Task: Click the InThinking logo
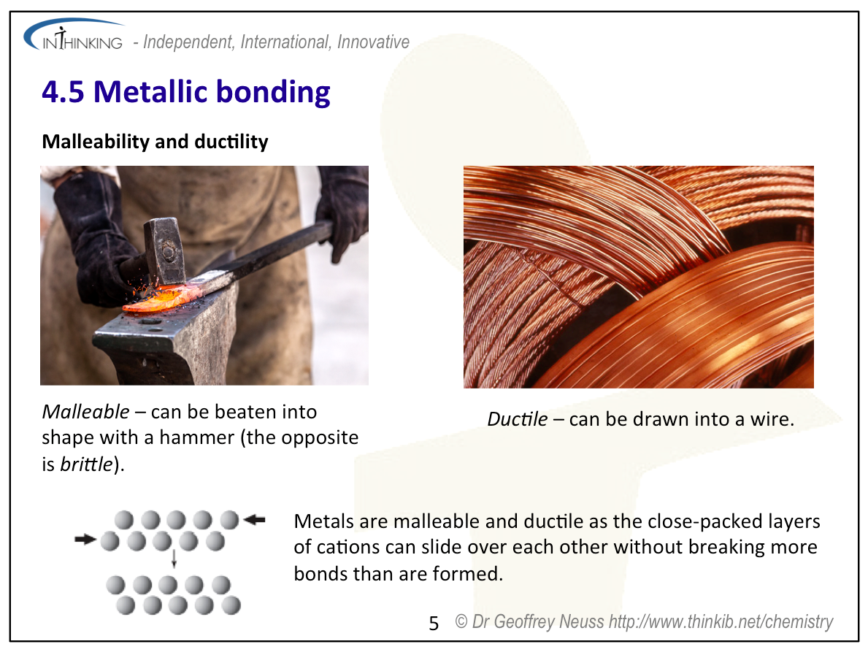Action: pyautogui.click(x=74, y=36)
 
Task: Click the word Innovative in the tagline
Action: pyautogui.click(x=373, y=42)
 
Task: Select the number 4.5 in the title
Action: pyautogui.click(x=63, y=92)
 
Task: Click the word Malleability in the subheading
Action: pyautogui.click(x=96, y=142)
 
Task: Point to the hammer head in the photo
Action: pyautogui.click(x=164, y=250)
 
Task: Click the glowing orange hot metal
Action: pyautogui.click(x=161, y=299)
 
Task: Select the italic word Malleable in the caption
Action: pyautogui.click(x=86, y=412)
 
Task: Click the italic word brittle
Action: pyautogui.click(x=86, y=464)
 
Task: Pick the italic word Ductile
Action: pyautogui.click(x=517, y=419)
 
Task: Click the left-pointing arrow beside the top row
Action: pyautogui.click(x=255, y=519)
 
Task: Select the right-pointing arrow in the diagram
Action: pyautogui.click(x=85, y=539)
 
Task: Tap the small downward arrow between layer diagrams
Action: pyautogui.click(x=174, y=559)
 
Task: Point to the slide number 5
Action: pyautogui.click(x=434, y=624)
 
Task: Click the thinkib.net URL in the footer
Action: pyautogui.click(x=721, y=622)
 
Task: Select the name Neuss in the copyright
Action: pyautogui.click(x=581, y=622)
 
